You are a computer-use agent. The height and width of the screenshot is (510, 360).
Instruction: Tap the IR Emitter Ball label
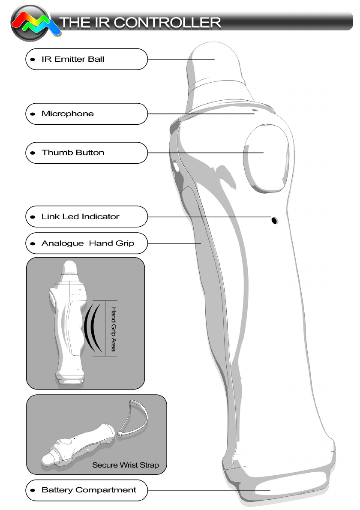(x=72, y=59)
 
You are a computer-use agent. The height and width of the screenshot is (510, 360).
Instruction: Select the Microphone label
(x=67, y=114)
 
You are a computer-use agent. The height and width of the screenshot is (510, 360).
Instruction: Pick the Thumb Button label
(x=72, y=153)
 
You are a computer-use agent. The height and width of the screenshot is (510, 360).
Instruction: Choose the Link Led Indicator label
(x=80, y=217)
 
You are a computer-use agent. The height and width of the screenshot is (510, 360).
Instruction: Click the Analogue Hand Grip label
(x=87, y=243)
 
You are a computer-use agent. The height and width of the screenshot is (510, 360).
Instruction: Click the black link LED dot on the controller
(x=274, y=221)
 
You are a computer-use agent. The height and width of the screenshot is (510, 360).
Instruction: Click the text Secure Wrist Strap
(x=129, y=465)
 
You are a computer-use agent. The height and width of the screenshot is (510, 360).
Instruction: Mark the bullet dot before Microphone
(x=33, y=114)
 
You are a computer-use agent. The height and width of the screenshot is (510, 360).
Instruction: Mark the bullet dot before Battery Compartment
(x=33, y=490)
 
